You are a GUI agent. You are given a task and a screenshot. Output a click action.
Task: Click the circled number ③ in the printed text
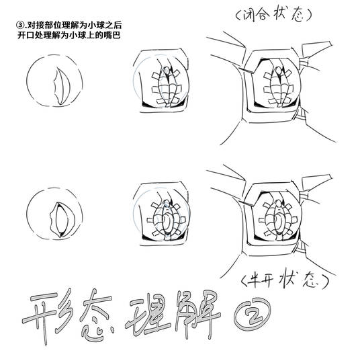(19, 25)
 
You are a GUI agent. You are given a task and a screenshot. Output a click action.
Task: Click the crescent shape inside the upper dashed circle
(62, 86)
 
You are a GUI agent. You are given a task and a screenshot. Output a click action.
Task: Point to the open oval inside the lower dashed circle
(62, 219)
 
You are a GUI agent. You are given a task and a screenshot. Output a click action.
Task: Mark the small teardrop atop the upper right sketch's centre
(278, 70)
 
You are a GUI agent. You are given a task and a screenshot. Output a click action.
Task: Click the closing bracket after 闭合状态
(308, 15)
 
